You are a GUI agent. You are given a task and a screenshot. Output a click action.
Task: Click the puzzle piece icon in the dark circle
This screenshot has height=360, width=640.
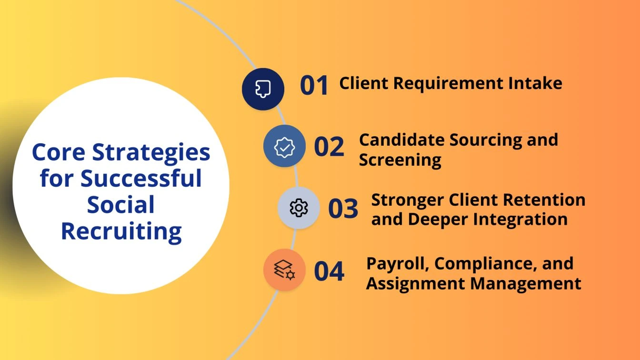click(263, 89)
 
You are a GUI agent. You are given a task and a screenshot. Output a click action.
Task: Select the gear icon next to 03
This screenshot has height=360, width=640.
click(299, 208)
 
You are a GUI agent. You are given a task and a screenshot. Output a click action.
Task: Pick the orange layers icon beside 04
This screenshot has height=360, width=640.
click(284, 270)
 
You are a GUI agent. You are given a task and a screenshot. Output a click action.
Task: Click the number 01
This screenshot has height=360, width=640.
click(314, 86)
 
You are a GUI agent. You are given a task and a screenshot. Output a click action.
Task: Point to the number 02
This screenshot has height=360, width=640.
click(329, 147)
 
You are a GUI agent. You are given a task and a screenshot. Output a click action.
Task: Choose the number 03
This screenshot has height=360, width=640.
click(343, 209)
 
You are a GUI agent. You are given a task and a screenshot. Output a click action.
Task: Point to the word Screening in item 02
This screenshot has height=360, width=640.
click(400, 160)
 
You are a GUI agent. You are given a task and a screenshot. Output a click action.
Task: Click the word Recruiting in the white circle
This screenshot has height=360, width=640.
click(121, 232)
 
